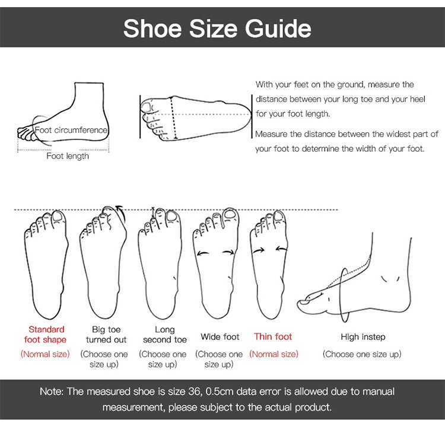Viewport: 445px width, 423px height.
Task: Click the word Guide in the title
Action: [278, 29]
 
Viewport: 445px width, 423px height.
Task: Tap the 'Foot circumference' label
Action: [71, 130]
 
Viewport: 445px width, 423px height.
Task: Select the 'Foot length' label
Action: [68, 156]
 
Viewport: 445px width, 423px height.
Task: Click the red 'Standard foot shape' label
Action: [46, 335]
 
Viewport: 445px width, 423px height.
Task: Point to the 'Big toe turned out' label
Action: [106, 335]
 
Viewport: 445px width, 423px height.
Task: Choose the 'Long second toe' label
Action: [164, 335]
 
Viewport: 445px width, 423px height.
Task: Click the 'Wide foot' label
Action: [220, 337]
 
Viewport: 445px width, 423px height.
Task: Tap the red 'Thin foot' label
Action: [273, 337]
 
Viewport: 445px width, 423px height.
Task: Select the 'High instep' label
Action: [363, 337]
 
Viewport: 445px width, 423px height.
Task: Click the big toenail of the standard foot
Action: [59, 217]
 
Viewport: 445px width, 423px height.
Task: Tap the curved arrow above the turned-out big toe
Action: [122, 213]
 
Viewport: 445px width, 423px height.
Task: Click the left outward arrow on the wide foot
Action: [203, 253]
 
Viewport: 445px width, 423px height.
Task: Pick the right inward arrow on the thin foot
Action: [281, 249]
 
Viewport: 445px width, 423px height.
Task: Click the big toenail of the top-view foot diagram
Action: [147, 107]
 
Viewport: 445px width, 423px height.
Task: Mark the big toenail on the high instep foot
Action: [306, 302]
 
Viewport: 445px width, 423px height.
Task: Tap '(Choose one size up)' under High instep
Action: [362, 354]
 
